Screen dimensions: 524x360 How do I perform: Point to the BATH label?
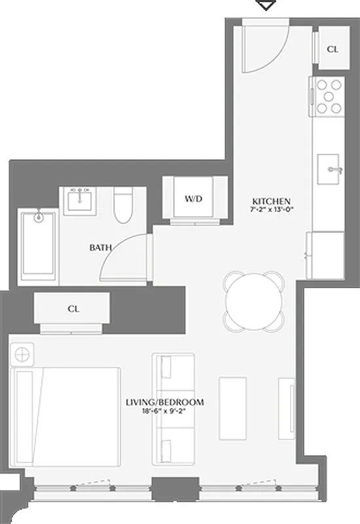pos(100,248)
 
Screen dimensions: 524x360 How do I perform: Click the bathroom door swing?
pos(124,257)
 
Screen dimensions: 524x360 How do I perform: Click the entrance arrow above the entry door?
pos(265,5)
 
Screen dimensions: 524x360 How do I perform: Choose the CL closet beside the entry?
pos(332,49)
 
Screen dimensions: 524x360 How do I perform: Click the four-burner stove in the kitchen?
pos(327,96)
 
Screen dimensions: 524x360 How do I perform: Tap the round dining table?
pos(255,300)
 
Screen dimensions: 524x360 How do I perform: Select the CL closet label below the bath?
pos(73,309)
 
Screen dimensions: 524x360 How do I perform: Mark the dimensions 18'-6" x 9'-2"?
pos(164,411)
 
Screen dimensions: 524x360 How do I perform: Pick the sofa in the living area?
pos(173,408)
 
